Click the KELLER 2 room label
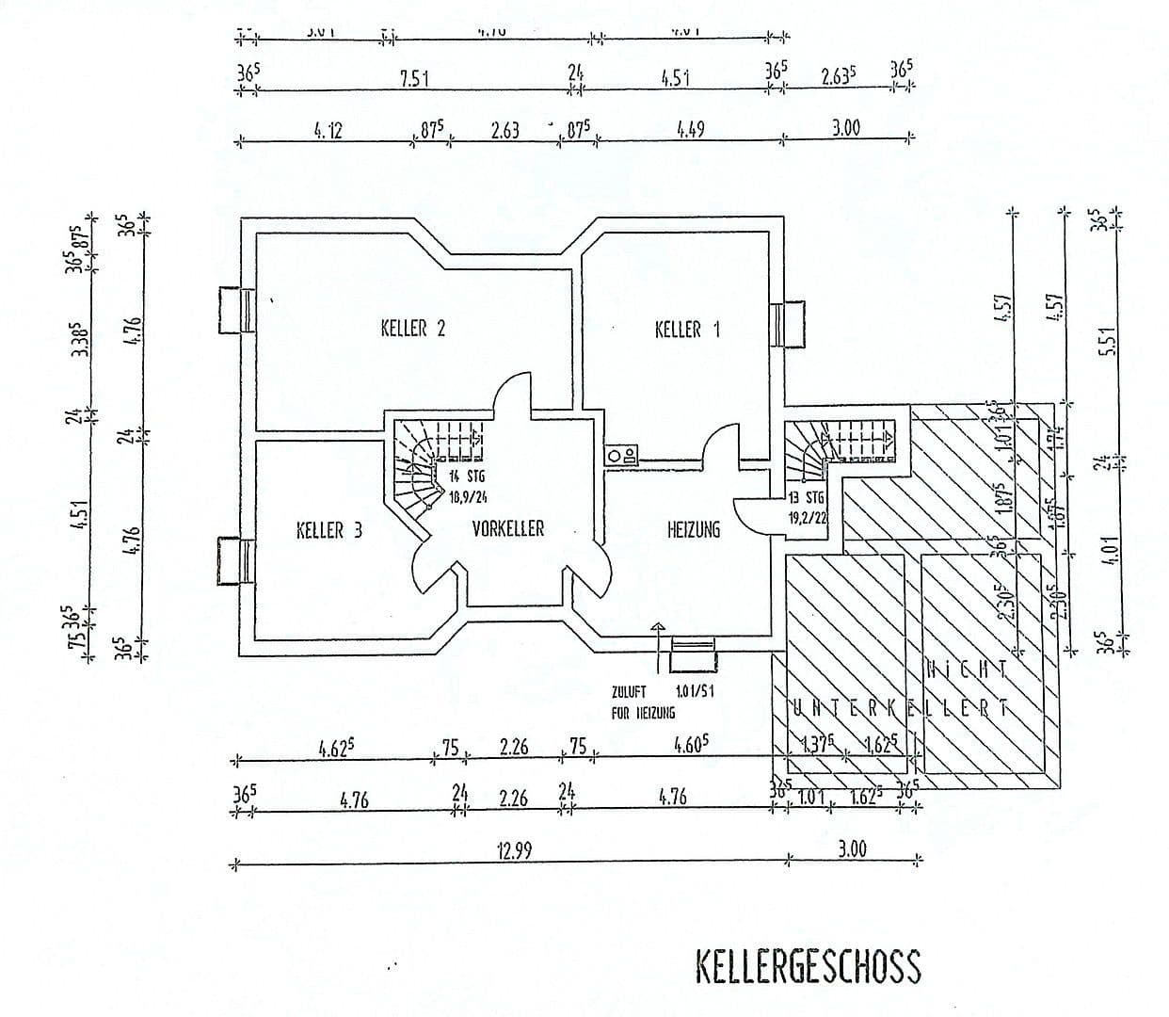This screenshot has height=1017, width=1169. point(412,329)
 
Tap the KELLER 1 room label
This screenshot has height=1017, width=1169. point(687,330)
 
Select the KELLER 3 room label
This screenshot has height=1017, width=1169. point(328,530)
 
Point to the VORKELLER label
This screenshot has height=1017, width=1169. point(508,529)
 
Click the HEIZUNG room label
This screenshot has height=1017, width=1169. point(694,530)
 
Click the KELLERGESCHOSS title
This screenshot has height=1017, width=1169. point(808,967)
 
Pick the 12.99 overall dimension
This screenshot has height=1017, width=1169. point(515,851)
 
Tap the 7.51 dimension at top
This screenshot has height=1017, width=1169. point(414,79)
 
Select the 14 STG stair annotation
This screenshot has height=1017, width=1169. point(467,477)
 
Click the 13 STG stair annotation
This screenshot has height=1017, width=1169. point(807,497)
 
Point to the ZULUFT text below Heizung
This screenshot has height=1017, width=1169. point(629,692)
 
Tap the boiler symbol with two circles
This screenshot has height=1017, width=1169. point(622,456)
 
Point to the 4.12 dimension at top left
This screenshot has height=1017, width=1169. point(328,130)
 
